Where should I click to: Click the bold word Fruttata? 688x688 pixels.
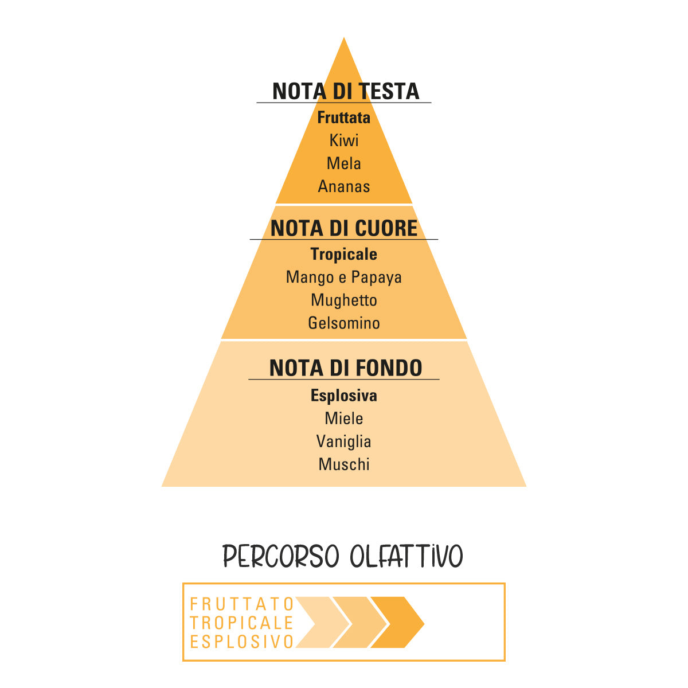344,118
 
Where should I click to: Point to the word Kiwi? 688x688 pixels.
344,140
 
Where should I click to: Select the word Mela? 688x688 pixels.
344,163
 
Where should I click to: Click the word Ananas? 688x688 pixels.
344,186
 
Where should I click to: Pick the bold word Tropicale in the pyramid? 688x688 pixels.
344,255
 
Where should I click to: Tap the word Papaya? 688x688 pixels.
376,277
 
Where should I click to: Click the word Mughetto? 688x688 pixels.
344,300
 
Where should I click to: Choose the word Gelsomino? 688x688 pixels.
344,323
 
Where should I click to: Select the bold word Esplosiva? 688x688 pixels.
344,396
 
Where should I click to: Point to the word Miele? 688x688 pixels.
344,419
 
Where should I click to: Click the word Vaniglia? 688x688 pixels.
344,441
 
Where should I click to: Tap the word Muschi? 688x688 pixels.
344,464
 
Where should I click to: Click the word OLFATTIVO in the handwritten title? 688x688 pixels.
406,556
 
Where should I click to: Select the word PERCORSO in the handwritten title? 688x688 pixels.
280,556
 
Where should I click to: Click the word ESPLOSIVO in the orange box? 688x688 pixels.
242,642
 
